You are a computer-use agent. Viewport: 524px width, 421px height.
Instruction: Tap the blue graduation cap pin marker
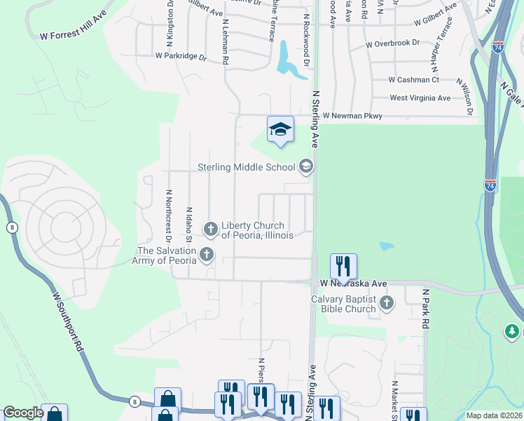(x=280, y=130)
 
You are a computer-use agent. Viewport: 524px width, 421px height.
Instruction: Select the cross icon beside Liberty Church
(x=210, y=229)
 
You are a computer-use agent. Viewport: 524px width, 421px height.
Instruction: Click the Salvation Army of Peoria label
(x=165, y=255)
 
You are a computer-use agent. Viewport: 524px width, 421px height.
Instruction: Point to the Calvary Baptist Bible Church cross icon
(x=387, y=303)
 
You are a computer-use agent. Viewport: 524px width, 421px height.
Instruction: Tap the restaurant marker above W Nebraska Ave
(x=343, y=266)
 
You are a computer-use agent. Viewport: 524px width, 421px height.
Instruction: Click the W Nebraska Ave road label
(x=353, y=283)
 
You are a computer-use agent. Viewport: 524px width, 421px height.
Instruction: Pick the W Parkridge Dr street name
(x=181, y=55)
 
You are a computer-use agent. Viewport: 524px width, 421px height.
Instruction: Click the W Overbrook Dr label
(x=392, y=44)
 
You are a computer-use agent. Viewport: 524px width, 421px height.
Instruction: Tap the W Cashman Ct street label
(x=413, y=80)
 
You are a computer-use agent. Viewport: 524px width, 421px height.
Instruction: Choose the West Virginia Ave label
(x=420, y=98)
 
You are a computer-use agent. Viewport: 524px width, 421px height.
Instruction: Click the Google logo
(x=22, y=413)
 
